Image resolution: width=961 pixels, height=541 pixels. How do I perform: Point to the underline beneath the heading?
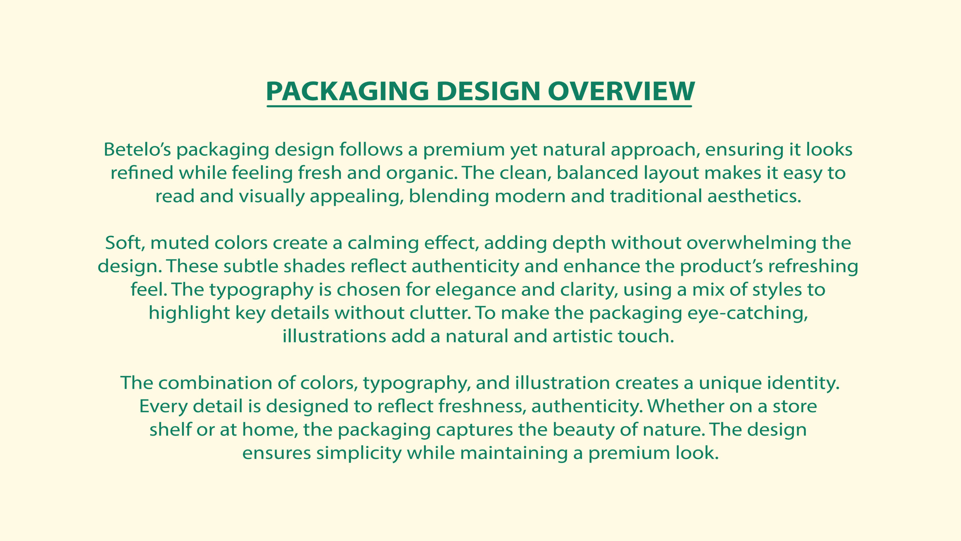(479, 106)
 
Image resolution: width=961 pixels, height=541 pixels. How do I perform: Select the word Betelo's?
(137, 149)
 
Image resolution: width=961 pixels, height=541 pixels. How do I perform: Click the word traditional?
(656, 196)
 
